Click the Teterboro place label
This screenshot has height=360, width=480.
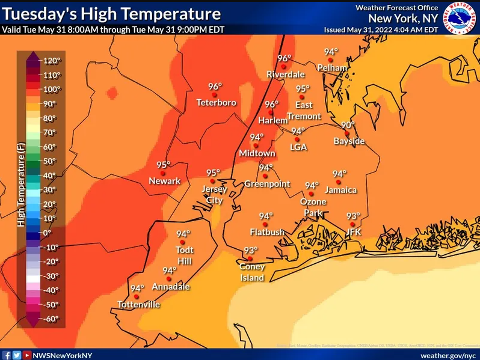216,103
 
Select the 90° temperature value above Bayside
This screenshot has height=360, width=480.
348,124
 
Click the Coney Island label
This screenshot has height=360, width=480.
252,272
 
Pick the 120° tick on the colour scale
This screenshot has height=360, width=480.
51,61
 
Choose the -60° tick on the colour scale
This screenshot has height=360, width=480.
51,319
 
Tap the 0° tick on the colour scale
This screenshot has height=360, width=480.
48,233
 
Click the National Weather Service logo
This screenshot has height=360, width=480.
460,17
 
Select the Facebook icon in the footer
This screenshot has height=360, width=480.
7,355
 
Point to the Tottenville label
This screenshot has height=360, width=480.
139,305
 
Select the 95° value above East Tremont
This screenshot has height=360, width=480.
303,89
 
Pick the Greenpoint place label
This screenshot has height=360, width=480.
267,184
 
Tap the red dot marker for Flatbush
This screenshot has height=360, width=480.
263,224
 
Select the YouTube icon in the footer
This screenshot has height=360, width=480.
27,355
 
